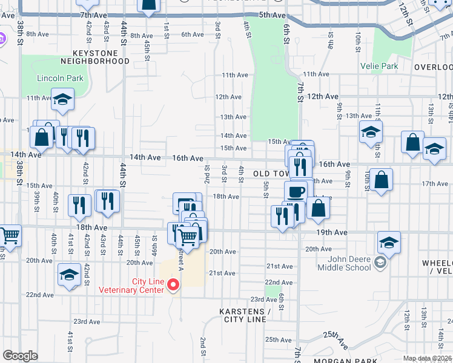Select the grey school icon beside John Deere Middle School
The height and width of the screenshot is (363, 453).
pyautogui.click(x=379, y=262)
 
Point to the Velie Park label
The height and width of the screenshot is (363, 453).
pyautogui.click(x=379, y=66)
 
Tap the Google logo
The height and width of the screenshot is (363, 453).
pyautogui.click(x=20, y=356)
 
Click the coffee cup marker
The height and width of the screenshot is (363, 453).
pyautogui.click(x=296, y=192)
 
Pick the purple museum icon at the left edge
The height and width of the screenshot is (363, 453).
pyautogui.click(x=2, y=39)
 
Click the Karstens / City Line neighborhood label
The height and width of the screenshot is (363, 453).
pyautogui.click(x=243, y=315)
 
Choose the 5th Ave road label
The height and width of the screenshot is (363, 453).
pyautogui.click(x=271, y=15)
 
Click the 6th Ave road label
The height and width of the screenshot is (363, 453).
pyautogui.click(x=192, y=34)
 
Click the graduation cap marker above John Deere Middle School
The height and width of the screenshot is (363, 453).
pyautogui.click(x=389, y=242)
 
